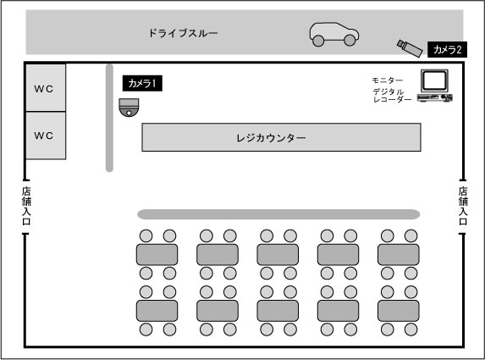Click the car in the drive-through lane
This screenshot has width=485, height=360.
[x=333, y=34]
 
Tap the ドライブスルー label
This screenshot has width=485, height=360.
[x=183, y=34]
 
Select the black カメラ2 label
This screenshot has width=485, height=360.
[x=447, y=50]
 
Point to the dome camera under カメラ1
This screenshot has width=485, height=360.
[x=129, y=108]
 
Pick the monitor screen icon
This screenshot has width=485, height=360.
[x=435, y=80]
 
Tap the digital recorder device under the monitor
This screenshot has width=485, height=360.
[x=434, y=99]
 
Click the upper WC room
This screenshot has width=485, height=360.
[x=44, y=88]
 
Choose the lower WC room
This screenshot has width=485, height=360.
[x=44, y=136]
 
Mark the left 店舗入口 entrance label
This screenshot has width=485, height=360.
[x=25, y=206]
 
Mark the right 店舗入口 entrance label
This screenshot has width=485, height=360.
[x=463, y=206]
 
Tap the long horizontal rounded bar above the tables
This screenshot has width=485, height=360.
[x=278, y=214]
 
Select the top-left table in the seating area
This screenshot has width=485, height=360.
[x=157, y=254]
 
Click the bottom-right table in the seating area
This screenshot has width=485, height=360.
[x=399, y=310]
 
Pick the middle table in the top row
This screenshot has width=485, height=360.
[x=278, y=254]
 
